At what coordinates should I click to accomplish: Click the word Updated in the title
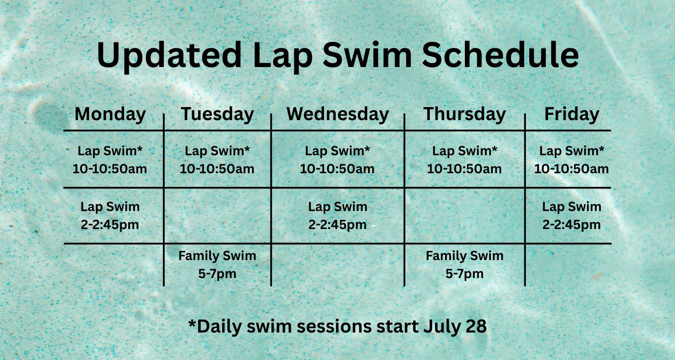[x=169, y=56]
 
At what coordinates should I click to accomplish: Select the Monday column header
[x=110, y=114]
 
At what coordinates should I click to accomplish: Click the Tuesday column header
[x=217, y=114]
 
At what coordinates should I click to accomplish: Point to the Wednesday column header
[x=337, y=114]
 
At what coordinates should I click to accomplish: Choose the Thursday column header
[x=465, y=114]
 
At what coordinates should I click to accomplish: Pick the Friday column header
[x=571, y=114]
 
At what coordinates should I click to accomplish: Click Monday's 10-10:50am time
[x=110, y=169]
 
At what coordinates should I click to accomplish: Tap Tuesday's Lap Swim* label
[x=217, y=151]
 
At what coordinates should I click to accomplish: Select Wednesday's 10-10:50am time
[x=337, y=169]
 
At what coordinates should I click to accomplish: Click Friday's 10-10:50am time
[x=571, y=169]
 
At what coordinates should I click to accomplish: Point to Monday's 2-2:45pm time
[x=110, y=225]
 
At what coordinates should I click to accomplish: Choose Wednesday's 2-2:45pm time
[x=337, y=225]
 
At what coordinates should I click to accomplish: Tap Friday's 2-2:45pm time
[x=571, y=225]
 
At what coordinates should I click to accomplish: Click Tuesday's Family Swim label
[x=217, y=256]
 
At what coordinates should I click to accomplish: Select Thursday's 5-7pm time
[x=465, y=274]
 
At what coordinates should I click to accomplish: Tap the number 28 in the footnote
[x=477, y=326]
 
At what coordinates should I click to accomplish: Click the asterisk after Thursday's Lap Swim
[x=494, y=148]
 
